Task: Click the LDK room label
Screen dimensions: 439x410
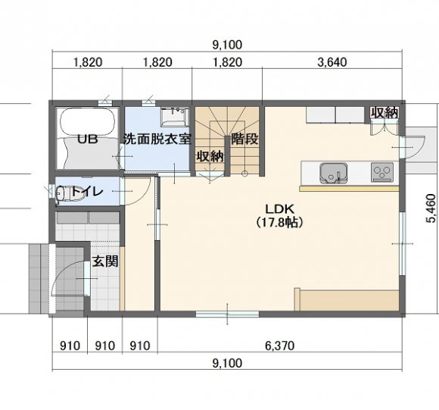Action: [279, 209]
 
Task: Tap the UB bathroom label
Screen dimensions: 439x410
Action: [88, 139]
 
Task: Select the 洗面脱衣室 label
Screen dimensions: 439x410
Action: [157, 139]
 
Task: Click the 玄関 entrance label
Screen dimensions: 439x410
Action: [105, 261]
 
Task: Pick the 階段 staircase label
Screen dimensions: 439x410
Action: [244, 139]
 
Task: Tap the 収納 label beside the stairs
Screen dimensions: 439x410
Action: [210, 156]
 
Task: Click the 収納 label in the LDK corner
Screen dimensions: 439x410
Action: [385, 113]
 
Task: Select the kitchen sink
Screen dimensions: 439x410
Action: [334, 174]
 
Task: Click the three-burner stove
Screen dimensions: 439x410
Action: [382, 173]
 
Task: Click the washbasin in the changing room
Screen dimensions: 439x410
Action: [174, 117]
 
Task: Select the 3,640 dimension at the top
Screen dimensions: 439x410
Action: [332, 62]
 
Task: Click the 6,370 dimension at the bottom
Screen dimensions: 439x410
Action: [279, 346]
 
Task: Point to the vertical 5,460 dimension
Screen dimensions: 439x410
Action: [431, 208]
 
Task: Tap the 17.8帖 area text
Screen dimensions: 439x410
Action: [279, 223]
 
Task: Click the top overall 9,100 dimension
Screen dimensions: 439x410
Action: [227, 45]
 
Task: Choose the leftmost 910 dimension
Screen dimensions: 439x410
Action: [70, 346]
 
